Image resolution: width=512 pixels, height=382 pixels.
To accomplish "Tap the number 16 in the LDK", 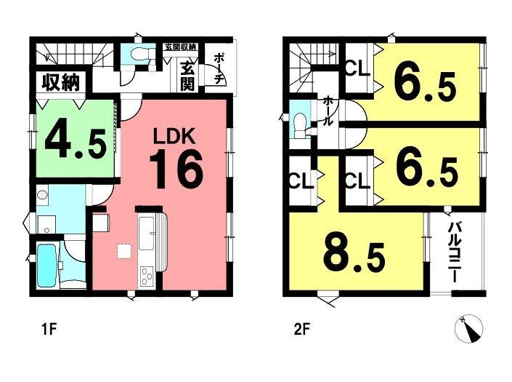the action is (176, 170).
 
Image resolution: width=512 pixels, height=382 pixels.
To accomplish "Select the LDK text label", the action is (175, 136).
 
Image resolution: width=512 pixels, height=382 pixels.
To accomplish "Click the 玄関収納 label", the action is (180, 47).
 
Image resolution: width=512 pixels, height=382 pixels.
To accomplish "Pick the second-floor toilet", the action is (299, 125).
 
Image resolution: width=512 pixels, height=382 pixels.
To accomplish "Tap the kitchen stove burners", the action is (147, 276).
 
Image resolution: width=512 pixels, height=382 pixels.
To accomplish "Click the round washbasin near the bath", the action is (42, 195).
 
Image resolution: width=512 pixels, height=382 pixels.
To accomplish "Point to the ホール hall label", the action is (328, 111).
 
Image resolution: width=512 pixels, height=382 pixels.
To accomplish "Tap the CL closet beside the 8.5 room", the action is (302, 181).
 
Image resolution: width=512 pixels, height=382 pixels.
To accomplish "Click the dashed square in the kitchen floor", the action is (124, 252).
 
